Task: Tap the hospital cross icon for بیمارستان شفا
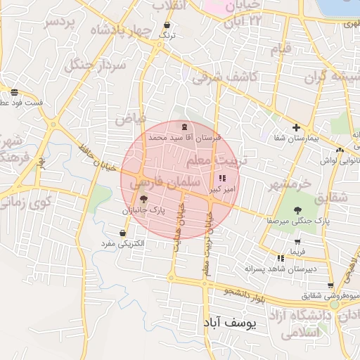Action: (297, 128)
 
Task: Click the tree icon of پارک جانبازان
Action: (144, 200)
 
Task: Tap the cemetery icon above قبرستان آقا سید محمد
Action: (184, 127)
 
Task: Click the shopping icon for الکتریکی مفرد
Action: (123, 233)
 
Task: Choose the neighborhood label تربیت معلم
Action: (217, 161)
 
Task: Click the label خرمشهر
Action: (288, 184)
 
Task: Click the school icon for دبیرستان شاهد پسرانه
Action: (281, 259)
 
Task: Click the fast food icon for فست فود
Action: (14, 92)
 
